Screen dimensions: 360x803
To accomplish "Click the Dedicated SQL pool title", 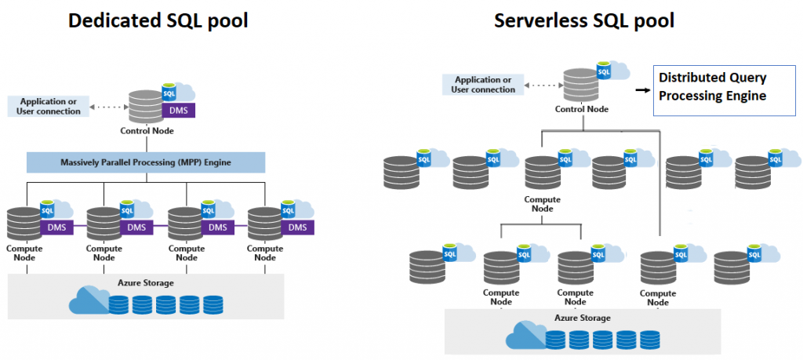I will click(158, 21).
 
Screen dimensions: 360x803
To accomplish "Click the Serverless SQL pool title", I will click(584, 21).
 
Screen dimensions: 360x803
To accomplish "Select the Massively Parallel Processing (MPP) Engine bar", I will click(146, 162).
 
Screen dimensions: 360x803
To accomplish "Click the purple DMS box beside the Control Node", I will click(179, 111).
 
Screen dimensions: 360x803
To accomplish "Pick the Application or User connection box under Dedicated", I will click(49, 107).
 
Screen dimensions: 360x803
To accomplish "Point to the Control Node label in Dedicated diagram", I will click(147, 131).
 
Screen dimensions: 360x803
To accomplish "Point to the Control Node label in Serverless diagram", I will click(582, 109).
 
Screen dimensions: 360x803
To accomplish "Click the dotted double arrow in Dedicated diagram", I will click(108, 106).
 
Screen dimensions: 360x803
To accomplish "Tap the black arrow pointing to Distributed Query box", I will click(643, 89).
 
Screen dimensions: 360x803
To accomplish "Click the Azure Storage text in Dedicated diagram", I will click(147, 282).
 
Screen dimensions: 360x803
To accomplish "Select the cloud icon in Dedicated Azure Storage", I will click(89, 300).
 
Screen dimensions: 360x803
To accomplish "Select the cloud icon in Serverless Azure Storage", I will click(525, 335).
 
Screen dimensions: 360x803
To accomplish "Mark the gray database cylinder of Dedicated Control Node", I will click(146, 106).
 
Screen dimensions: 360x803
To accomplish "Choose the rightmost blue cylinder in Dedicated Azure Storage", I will click(213, 304).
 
